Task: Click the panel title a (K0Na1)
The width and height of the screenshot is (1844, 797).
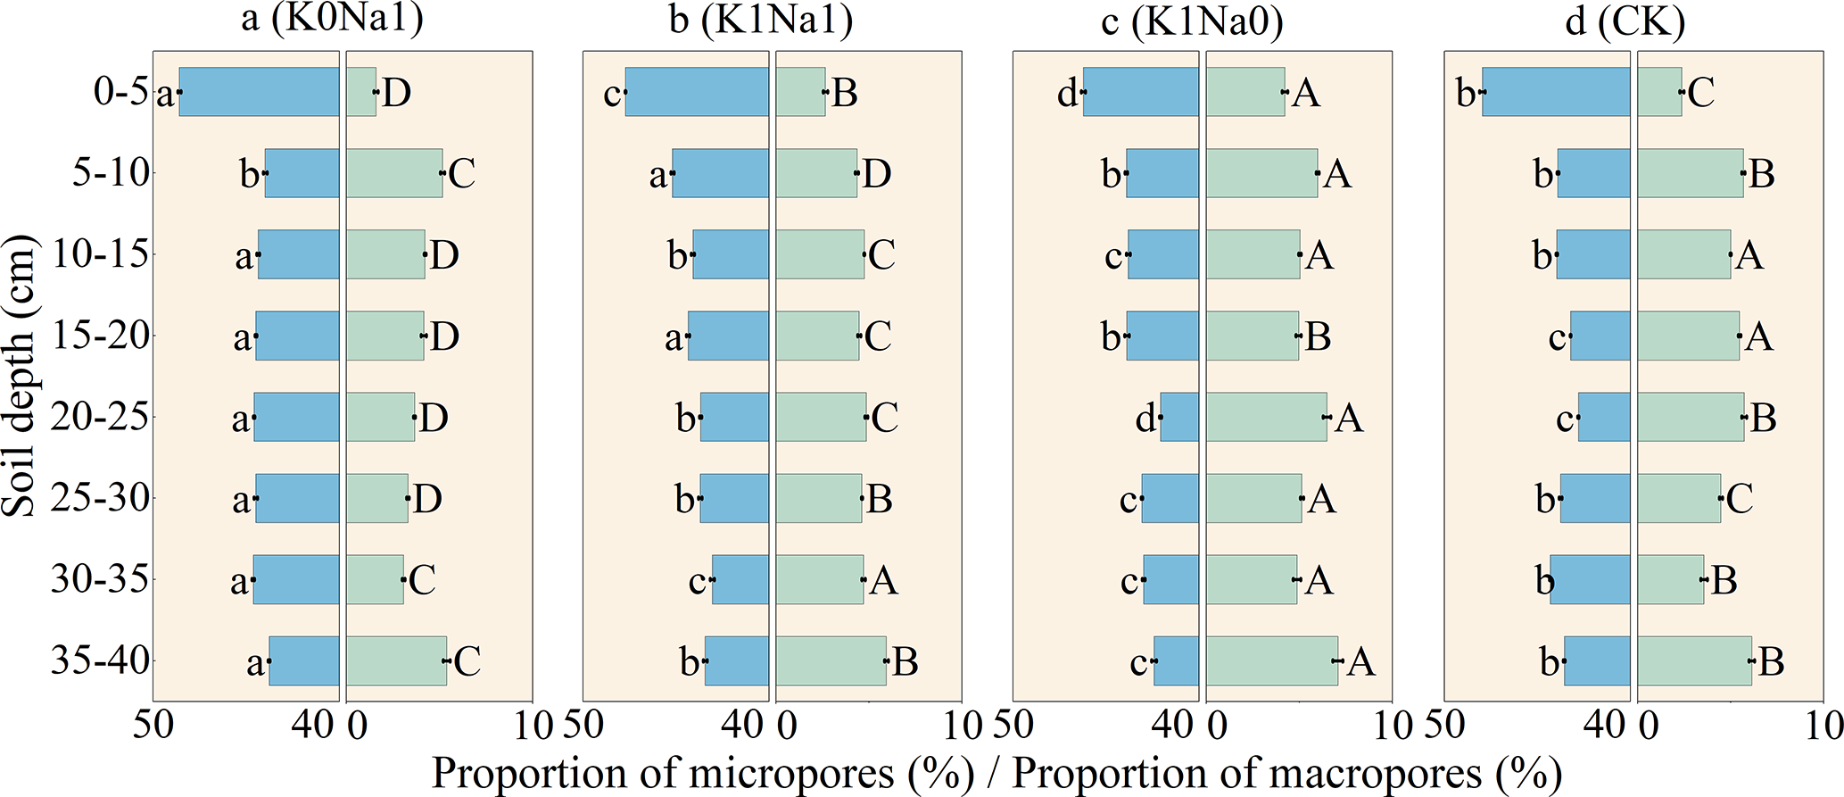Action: click(x=332, y=20)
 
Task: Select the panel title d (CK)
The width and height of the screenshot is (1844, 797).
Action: click(x=1625, y=20)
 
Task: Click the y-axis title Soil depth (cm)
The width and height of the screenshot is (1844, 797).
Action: click(x=20, y=375)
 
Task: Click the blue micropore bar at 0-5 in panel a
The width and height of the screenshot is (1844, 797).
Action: click(x=259, y=91)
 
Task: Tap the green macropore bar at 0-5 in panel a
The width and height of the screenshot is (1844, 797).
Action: click(x=361, y=91)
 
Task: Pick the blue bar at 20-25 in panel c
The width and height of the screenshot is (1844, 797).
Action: click(x=1179, y=417)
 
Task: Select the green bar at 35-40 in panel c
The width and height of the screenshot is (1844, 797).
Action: click(x=1271, y=660)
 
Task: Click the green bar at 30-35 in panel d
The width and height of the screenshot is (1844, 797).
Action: click(x=1670, y=579)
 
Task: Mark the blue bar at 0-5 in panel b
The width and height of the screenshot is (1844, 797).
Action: click(x=696, y=91)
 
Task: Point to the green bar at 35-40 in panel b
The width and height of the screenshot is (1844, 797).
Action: click(x=831, y=660)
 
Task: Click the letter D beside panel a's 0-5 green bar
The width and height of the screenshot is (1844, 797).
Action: click(x=397, y=92)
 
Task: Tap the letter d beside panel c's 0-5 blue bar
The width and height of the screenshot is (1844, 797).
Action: click(x=1067, y=93)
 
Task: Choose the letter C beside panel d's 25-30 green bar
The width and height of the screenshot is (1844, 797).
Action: click(x=1740, y=499)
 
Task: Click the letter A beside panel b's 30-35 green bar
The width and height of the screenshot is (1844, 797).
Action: click(x=883, y=581)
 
